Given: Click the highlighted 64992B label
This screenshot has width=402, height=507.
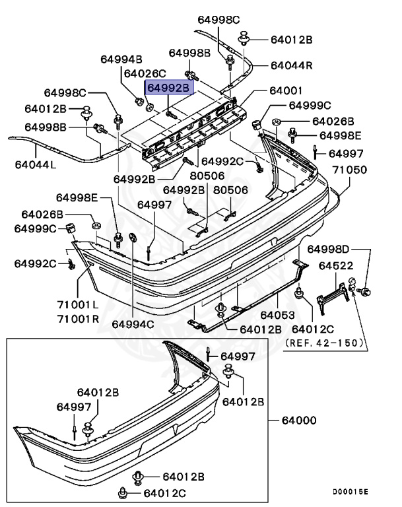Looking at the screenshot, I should coord(168,87).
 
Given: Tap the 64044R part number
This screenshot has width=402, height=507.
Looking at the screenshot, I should coord(291,65).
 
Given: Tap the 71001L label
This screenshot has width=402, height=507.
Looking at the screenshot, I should coord(77,304).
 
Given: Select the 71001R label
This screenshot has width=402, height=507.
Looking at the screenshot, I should coord(77,318).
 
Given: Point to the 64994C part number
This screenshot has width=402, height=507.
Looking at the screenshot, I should coord(132,323).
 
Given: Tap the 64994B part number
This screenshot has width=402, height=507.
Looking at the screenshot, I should coord(121,59).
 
